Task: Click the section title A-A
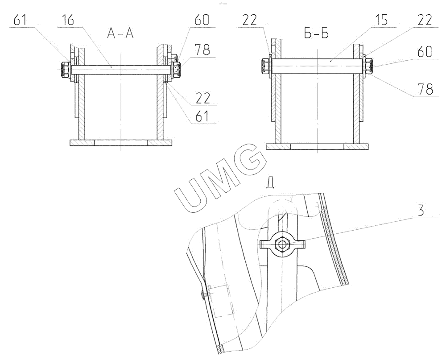click(x=120, y=33)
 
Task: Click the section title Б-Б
click(x=316, y=33)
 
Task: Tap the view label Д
click(x=270, y=183)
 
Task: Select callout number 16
click(x=67, y=20)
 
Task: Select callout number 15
click(x=381, y=21)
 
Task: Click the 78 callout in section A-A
click(x=202, y=50)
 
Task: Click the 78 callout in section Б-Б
click(x=425, y=89)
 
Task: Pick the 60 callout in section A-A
click(x=202, y=20)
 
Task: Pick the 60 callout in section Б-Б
click(x=425, y=51)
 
